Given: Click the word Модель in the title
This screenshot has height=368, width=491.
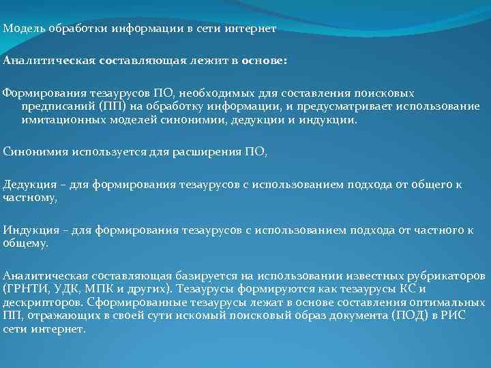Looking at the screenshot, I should point(21,29).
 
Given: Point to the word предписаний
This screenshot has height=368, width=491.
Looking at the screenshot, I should point(57,106).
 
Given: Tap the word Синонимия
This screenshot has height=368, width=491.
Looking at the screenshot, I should point(32,151).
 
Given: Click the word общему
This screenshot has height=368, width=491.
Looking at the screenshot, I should point(25,243).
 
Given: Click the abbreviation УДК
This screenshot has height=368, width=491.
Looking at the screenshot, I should point(68,288).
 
